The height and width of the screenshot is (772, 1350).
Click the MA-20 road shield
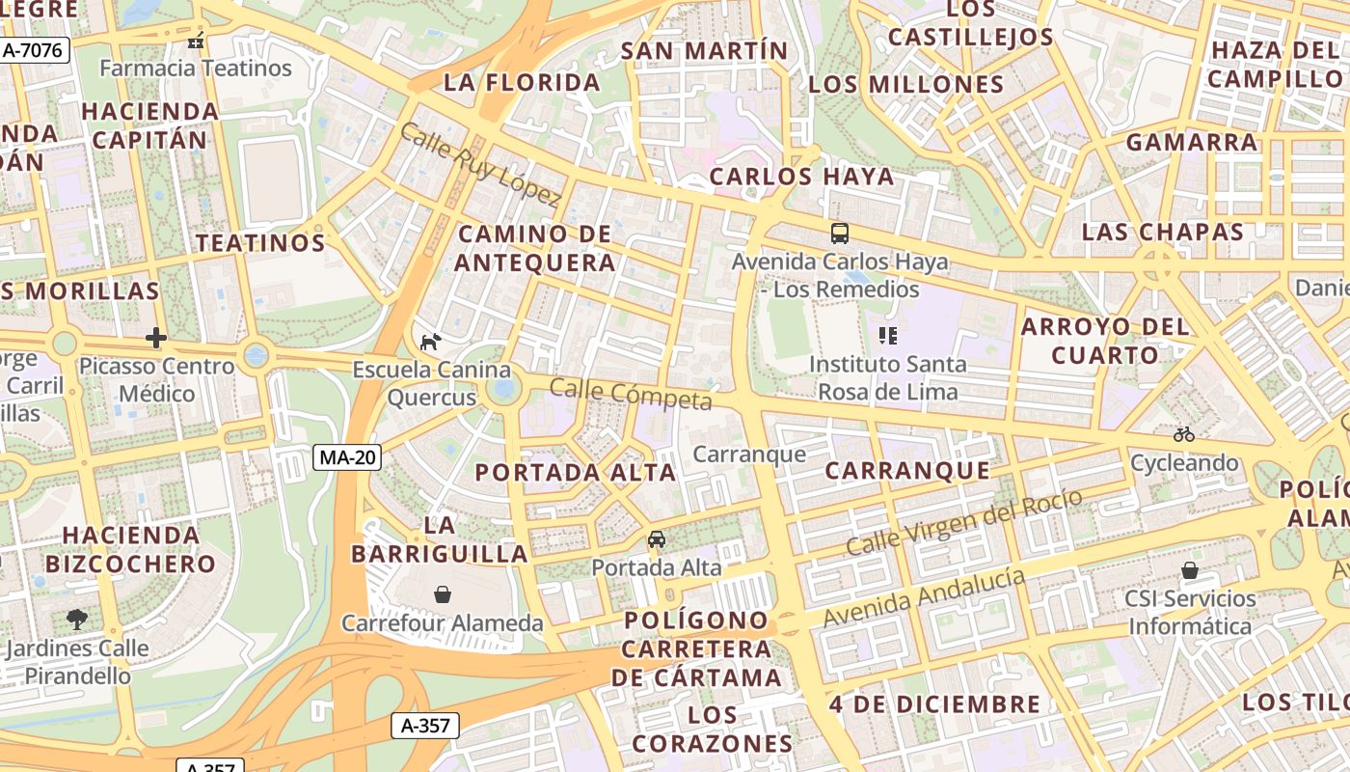[x=347, y=457]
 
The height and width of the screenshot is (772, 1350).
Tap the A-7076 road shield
[x=35, y=50]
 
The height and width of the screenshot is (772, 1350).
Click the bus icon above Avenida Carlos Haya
[x=840, y=233]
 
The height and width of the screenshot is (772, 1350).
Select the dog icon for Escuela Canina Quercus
[x=431, y=341]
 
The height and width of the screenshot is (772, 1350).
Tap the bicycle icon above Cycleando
[x=1184, y=434]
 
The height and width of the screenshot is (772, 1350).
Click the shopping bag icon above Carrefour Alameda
[x=443, y=594]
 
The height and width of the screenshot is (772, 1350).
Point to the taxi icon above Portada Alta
[x=657, y=538]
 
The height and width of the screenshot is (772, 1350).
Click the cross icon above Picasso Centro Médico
[x=156, y=338]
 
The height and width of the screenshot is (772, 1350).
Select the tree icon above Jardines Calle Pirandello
[x=76, y=619]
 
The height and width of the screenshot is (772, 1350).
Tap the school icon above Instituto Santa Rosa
[x=887, y=336]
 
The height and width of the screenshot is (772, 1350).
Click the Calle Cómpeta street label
[x=631, y=394]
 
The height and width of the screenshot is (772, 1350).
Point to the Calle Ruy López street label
[x=479, y=165]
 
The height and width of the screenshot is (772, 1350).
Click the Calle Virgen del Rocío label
[x=963, y=522]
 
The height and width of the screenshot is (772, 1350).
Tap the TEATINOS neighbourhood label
[x=261, y=242]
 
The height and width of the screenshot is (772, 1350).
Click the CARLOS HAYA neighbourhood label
[x=802, y=177]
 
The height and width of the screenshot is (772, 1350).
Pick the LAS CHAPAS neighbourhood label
[x=1163, y=232]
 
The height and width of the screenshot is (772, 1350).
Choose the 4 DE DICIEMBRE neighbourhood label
[x=934, y=703]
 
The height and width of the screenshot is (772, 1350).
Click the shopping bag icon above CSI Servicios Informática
[x=1190, y=570]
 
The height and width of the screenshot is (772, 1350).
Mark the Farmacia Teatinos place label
[x=196, y=68]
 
